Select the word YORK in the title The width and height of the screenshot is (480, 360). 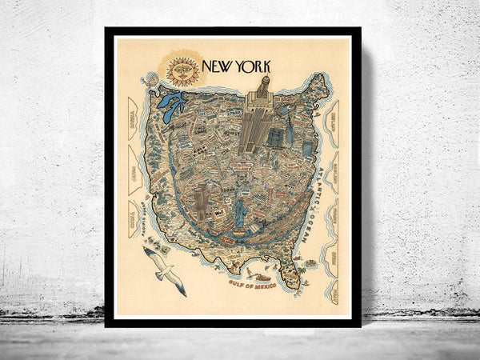[x=254, y=67]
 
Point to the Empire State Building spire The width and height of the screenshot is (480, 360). [x=262, y=82]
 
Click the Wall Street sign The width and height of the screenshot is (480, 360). [x=218, y=214]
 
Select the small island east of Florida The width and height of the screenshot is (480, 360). [x=309, y=263]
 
